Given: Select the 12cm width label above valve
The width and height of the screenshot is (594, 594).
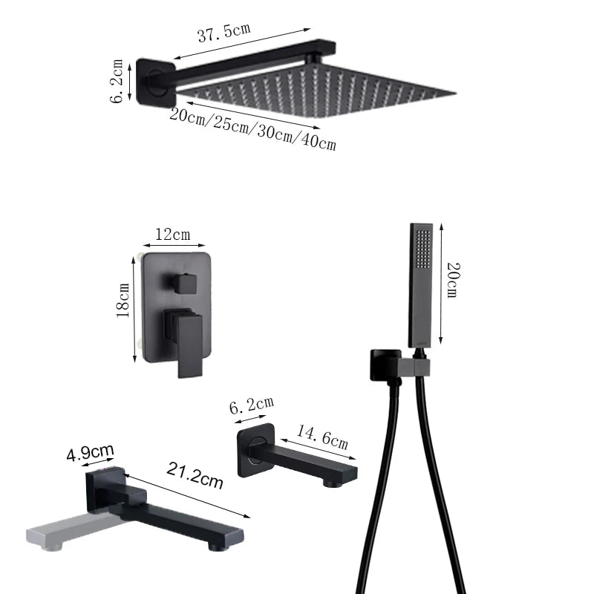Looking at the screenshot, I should (172, 235).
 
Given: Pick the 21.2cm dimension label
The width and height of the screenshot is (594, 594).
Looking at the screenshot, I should (195, 475).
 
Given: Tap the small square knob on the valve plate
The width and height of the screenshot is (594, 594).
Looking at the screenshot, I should (181, 282).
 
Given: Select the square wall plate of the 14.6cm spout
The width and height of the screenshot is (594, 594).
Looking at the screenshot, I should (257, 451).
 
